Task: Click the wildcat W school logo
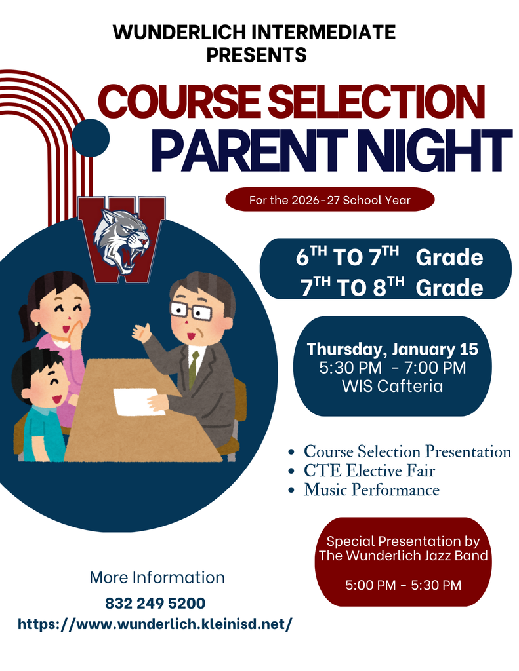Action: click(x=122, y=239)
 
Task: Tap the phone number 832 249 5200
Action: click(x=155, y=603)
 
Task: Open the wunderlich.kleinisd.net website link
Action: click(x=155, y=624)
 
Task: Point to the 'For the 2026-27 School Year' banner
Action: click(x=329, y=200)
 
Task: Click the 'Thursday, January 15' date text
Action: click(x=392, y=349)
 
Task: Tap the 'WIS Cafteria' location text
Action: click(x=392, y=386)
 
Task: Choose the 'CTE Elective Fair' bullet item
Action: click(x=369, y=470)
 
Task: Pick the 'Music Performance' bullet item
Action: click(x=371, y=489)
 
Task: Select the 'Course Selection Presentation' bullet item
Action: click(x=407, y=451)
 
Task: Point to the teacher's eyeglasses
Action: click(x=192, y=310)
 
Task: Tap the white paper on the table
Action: click(x=139, y=401)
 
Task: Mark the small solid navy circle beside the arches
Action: click(x=90, y=138)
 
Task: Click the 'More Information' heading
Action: click(x=157, y=577)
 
